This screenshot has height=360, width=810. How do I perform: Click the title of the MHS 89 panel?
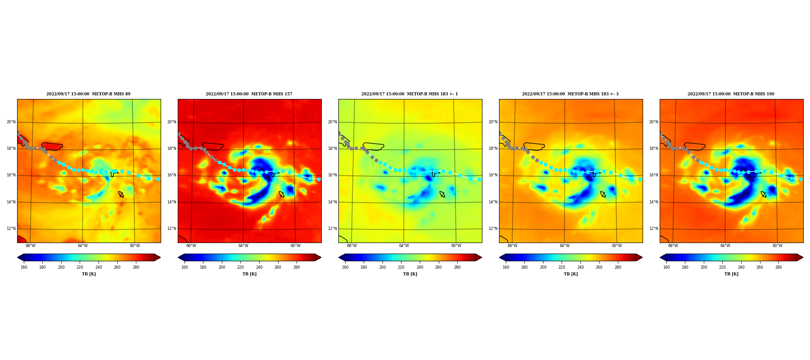(88, 94)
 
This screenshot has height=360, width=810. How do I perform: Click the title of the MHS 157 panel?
(249, 94)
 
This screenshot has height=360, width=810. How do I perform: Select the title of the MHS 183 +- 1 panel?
(409, 94)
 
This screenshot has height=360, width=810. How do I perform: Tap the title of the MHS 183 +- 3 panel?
(570, 94)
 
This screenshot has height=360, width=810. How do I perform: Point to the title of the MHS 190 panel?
(731, 94)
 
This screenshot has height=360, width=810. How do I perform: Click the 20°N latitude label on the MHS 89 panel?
(11, 122)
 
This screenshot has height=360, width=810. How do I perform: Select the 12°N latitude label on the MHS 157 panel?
(171, 229)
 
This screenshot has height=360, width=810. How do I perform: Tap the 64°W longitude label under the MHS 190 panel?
(725, 246)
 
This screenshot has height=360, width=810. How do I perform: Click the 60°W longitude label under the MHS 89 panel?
(135, 246)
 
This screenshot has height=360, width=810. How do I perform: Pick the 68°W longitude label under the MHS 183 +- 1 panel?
(351, 246)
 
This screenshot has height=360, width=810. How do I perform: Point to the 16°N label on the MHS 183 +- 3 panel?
(493, 175)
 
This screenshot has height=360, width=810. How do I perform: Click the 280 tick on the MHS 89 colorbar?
(136, 267)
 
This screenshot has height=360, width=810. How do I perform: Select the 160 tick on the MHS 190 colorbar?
(666, 267)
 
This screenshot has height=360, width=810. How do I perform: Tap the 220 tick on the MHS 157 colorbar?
(240, 267)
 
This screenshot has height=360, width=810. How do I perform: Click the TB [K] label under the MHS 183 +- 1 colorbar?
(410, 274)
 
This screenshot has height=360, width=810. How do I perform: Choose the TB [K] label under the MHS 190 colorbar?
(731, 274)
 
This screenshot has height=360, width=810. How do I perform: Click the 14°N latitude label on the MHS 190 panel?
(653, 202)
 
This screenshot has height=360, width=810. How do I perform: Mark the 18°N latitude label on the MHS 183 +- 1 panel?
(332, 148)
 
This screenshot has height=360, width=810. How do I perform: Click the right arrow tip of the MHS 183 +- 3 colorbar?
(642, 257)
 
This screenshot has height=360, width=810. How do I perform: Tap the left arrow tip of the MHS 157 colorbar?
(178, 257)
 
